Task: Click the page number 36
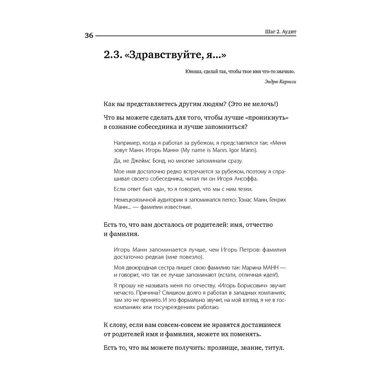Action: pyautogui.click(x=89, y=36)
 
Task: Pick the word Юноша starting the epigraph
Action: pyautogui.click(x=193, y=71)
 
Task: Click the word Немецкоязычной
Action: pyautogui.click(x=135, y=200)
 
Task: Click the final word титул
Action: pyautogui.click(x=274, y=348)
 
